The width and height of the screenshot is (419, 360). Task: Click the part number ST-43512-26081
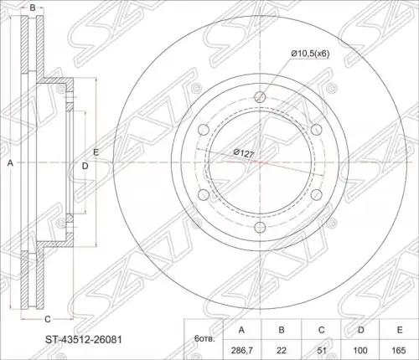tap(84, 340)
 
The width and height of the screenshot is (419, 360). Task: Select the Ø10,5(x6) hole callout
tap(310, 54)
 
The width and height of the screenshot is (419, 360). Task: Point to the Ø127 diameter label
tap(244, 153)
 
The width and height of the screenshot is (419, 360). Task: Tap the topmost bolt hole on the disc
tap(260, 97)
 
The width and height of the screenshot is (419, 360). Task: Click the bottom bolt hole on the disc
tap(260, 228)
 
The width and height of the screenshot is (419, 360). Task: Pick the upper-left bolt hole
tap(204, 130)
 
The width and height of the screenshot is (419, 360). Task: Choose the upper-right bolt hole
tap(317, 130)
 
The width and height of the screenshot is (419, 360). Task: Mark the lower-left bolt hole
tap(204, 195)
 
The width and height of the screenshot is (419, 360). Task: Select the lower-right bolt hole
tap(317, 195)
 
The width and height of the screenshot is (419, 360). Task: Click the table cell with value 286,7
tap(242, 350)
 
